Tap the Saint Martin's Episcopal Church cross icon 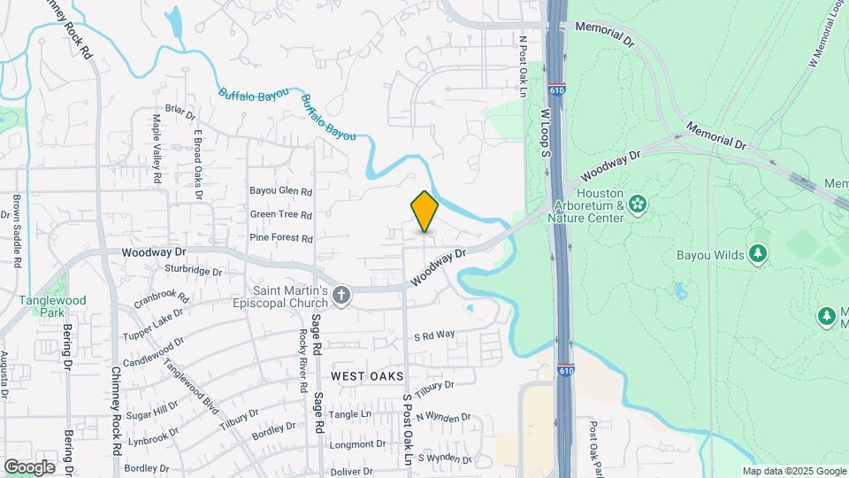tap(342, 297)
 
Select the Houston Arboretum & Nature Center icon tap(638, 205)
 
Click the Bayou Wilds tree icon tap(757, 255)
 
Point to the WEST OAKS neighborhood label tap(367, 376)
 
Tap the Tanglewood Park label tap(53, 306)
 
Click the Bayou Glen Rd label tap(281, 190)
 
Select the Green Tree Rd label tap(281, 214)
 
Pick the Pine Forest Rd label tap(281, 238)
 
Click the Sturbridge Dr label tap(194, 270)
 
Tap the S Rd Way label tap(434, 335)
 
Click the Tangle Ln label tap(350, 414)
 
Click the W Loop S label tap(546, 132)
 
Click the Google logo tap(29, 467)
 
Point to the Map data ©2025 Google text tap(794, 471)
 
